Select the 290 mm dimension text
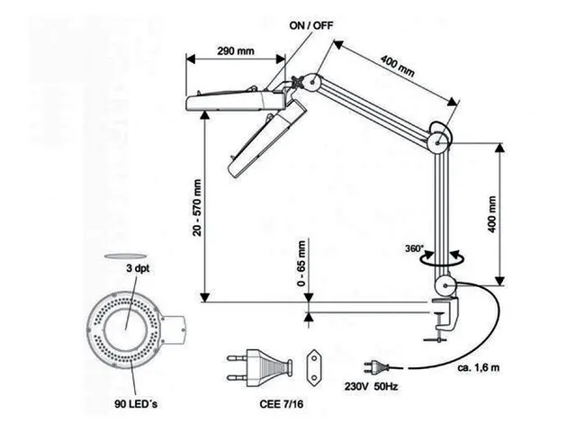coord(236,50)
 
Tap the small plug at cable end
coord(373,366)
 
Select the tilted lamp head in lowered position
coord(265,138)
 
